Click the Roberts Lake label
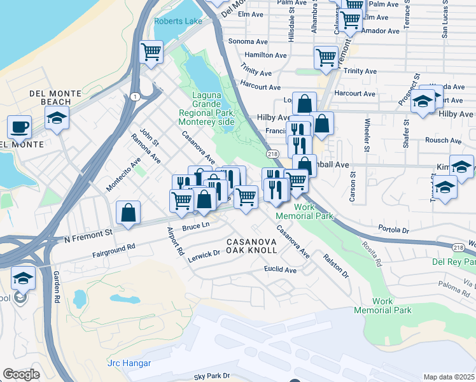(178, 21)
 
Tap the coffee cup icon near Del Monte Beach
(19, 126)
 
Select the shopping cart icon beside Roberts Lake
(151, 52)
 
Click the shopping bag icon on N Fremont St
(129, 213)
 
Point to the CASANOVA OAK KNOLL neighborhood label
(252, 246)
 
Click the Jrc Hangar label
(129, 363)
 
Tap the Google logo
(22, 374)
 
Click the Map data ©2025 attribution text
(449, 377)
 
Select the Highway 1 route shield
(134, 96)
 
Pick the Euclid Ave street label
(281, 270)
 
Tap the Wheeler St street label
(367, 134)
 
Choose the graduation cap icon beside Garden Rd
(23, 278)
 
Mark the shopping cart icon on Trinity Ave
(326, 57)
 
